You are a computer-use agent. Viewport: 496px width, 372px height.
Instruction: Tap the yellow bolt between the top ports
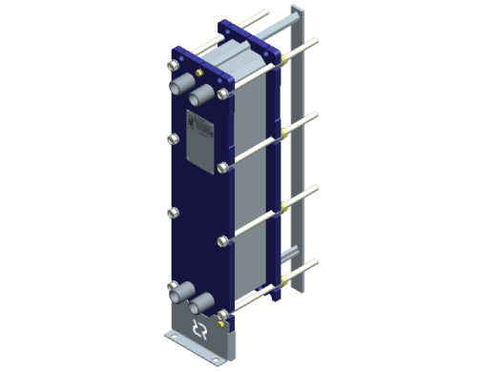tap(198, 72)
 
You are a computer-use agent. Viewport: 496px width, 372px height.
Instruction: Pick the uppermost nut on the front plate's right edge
tap(223, 93)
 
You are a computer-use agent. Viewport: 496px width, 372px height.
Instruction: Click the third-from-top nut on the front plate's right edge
tap(223, 239)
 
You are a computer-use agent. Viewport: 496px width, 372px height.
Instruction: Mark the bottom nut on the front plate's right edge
tap(223, 312)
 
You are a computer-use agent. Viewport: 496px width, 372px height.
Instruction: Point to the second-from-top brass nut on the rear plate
tap(282, 131)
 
